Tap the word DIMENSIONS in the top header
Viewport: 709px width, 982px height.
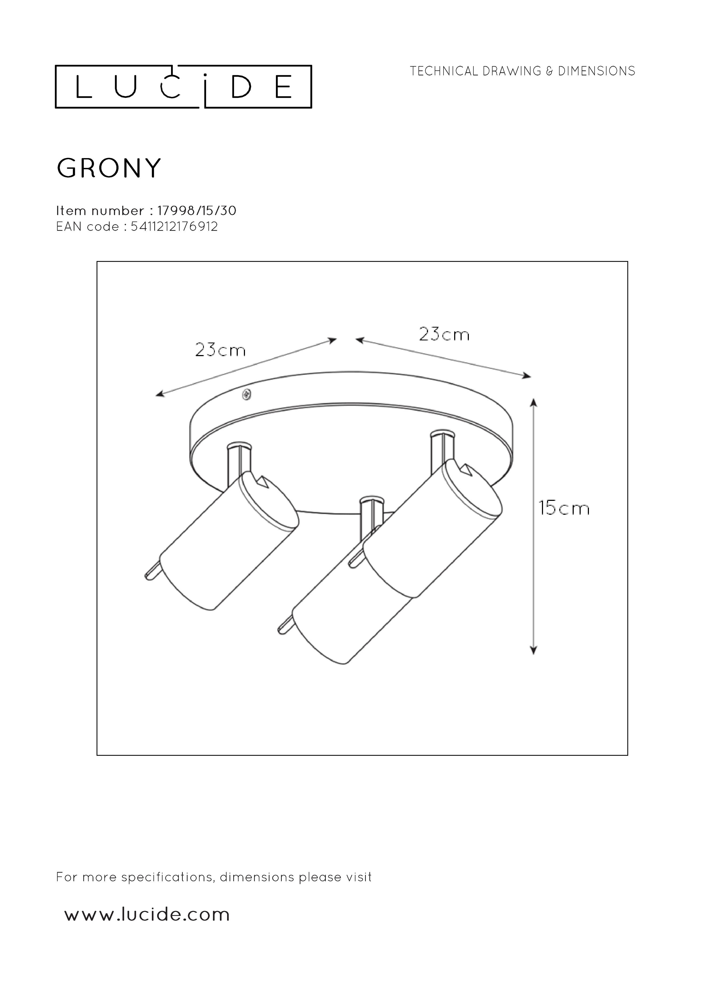pyautogui.click(x=596, y=71)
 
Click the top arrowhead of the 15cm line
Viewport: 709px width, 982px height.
pyautogui.click(x=534, y=403)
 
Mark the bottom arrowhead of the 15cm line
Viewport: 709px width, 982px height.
pyautogui.click(x=534, y=662)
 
